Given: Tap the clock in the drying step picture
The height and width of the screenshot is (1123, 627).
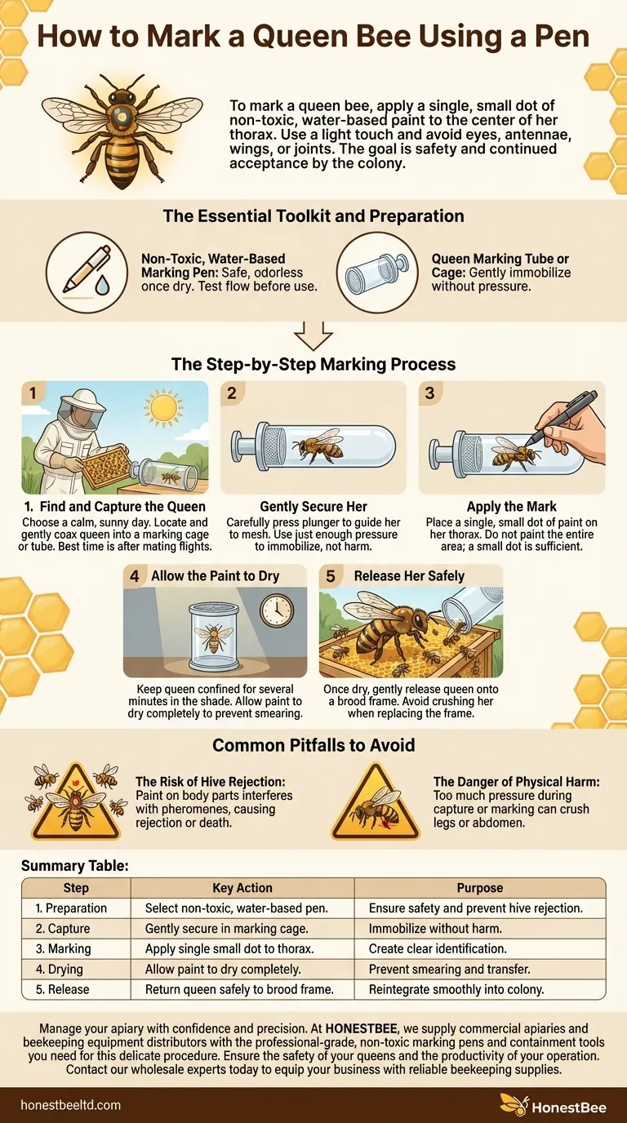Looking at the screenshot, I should pos(275,609).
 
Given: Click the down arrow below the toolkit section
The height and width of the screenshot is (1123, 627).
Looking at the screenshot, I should pos(313,335).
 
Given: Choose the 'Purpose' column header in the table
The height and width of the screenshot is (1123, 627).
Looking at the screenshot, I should pos(480,888).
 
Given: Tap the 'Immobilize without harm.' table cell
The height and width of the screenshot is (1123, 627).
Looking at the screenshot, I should pos(437,929).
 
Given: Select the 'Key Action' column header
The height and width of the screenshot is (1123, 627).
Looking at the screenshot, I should pos(242,888).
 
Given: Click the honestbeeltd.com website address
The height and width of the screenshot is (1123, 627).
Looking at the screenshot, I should pos(72,1105).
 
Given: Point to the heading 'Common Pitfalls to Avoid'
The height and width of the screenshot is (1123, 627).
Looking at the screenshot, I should pos(313,745).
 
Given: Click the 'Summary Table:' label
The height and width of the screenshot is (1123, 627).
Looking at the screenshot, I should pos(74,865).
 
